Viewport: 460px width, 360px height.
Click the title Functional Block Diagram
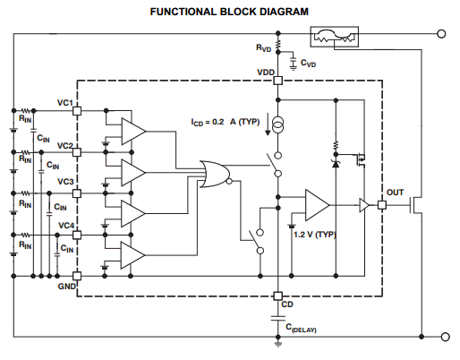[229, 12]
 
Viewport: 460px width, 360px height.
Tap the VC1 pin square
[77, 111]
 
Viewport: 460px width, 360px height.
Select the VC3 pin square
[77, 193]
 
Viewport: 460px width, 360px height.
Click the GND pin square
[77, 276]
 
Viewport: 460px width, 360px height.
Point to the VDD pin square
[278, 81]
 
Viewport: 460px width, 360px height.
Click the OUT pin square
[382, 205]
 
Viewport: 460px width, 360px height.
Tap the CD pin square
[278, 296]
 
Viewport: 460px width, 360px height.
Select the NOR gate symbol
[216, 175]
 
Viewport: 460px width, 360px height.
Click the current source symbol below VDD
[278, 124]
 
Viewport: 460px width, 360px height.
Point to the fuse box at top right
[335, 37]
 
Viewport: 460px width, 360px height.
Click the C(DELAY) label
[301, 328]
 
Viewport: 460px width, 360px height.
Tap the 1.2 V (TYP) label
[315, 235]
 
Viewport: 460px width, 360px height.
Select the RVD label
[263, 48]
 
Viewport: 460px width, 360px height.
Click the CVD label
[308, 64]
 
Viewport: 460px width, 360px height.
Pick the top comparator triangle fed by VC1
[133, 132]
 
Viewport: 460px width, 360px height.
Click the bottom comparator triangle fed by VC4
[133, 255]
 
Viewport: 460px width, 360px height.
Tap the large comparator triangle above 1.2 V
[318, 205]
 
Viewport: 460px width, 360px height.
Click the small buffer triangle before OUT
[364, 205]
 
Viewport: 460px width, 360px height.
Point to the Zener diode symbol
[336, 164]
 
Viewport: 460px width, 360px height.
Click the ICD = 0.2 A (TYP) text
[226, 122]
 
